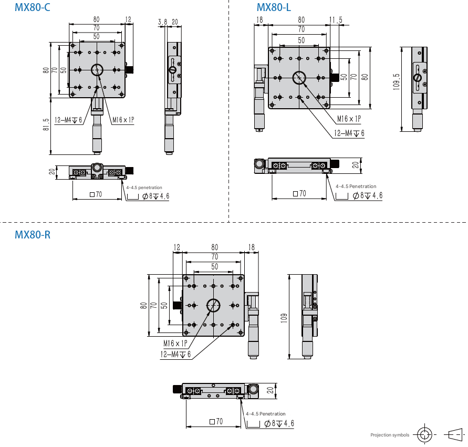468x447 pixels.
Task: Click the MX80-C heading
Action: click(32, 7)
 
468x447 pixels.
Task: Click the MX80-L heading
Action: click(274, 7)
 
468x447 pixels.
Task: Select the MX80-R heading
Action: click(33, 235)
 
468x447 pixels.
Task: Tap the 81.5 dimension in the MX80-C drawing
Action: click(46, 124)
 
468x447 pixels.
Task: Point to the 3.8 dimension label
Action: click(162, 22)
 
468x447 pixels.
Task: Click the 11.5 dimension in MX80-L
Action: click(336, 20)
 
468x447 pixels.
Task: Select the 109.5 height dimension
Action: click(396, 81)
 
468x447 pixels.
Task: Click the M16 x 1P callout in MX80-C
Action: click(123, 120)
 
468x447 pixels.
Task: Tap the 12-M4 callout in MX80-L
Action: click(349, 133)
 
